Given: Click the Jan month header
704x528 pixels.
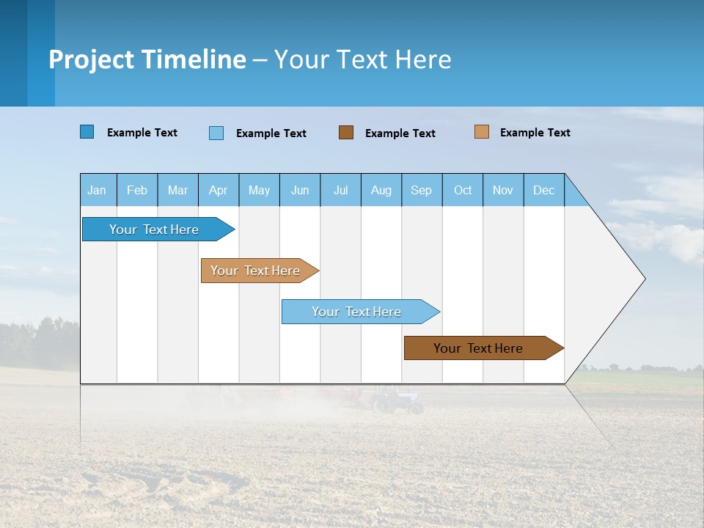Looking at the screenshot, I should click(x=97, y=190).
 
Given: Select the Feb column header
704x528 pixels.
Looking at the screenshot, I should click(x=137, y=190).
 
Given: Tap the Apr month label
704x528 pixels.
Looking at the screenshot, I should click(x=218, y=190).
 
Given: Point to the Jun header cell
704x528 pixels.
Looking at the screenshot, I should click(x=300, y=190).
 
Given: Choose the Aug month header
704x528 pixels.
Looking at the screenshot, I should click(x=381, y=190).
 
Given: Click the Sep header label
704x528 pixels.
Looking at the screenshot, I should click(x=421, y=190).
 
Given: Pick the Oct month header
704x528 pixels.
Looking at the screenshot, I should click(x=463, y=190).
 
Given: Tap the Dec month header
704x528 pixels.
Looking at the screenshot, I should click(x=543, y=190).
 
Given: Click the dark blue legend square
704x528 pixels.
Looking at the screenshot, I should click(x=87, y=132).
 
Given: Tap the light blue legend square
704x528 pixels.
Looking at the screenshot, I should click(x=216, y=133).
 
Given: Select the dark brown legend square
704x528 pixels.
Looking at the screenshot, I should click(x=346, y=132).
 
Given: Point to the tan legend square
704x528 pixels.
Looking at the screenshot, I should click(x=482, y=132).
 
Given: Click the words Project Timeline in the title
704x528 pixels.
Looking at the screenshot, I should click(x=147, y=59).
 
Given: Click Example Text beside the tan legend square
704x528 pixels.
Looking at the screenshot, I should click(x=535, y=132).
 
